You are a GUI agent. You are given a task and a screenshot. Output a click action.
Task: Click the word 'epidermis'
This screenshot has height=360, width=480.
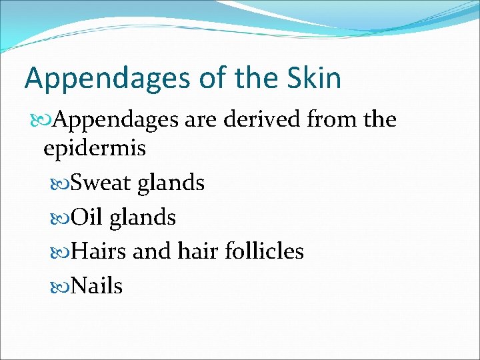click(94, 149)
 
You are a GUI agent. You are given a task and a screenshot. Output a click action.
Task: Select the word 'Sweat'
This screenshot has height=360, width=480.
click(101, 182)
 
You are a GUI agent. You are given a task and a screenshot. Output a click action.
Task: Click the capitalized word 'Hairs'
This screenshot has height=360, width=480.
click(99, 251)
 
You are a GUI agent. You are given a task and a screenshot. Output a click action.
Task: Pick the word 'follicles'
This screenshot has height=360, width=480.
click(264, 251)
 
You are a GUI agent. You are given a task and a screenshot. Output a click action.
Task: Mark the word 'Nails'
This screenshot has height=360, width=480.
click(97, 286)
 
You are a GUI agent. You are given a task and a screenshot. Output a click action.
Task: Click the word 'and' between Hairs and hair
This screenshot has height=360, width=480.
click(152, 251)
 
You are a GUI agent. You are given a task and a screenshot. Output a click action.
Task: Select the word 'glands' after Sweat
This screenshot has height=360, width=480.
click(171, 183)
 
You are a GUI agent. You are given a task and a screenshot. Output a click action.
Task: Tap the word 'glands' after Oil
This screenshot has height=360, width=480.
click(143, 218)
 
